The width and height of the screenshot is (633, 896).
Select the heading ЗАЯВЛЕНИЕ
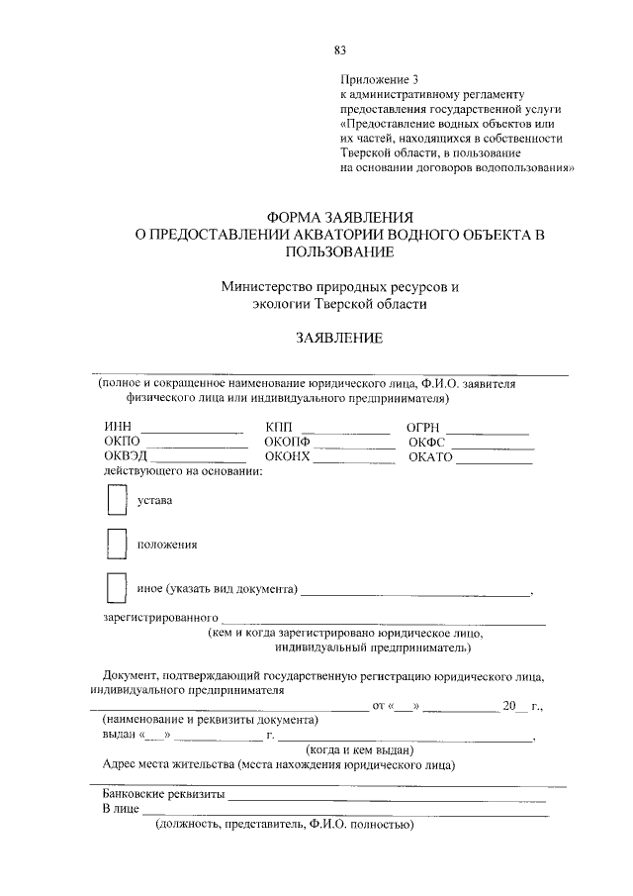(x=340, y=339)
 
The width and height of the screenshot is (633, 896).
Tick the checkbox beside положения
(x=117, y=544)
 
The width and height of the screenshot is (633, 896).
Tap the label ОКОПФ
(x=288, y=442)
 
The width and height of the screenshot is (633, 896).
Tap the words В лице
(x=121, y=809)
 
